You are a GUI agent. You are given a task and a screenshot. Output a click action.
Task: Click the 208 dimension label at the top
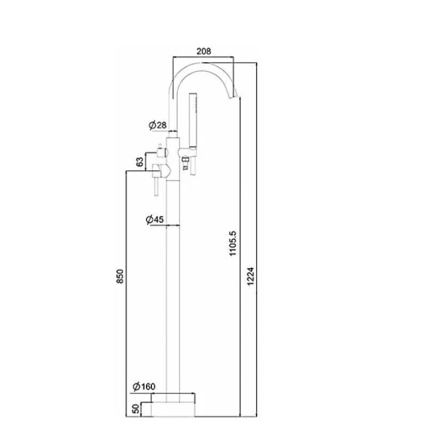pyautogui.click(x=204, y=51)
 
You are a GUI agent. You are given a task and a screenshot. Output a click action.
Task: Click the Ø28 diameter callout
pyautogui.click(x=157, y=124)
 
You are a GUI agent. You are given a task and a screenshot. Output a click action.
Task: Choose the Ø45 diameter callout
pyautogui.click(x=155, y=219)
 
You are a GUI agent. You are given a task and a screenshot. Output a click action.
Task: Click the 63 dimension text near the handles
pyautogui.click(x=140, y=161)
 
